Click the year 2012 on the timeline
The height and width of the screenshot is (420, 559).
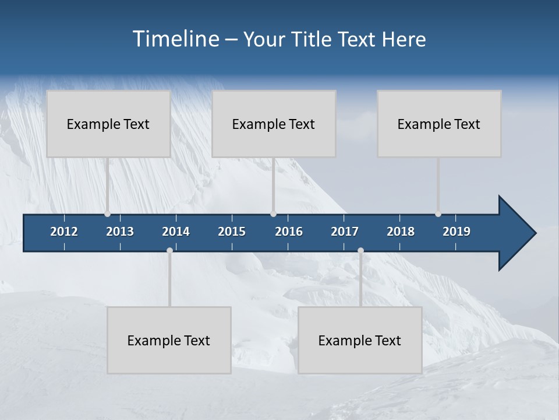[64, 232]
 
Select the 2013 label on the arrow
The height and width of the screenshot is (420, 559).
[120, 232]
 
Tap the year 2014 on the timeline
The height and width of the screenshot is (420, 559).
[176, 232]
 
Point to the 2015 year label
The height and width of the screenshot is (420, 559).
[232, 232]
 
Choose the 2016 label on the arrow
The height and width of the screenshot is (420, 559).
[289, 232]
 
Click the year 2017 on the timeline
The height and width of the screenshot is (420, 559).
[345, 232]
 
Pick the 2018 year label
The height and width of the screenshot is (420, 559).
[401, 232]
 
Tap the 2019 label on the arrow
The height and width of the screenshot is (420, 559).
[457, 232]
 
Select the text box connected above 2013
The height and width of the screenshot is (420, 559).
[108, 124]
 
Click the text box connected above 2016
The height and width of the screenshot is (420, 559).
[274, 124]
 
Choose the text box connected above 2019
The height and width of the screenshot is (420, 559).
[439, 124]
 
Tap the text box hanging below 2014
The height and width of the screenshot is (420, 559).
[169, 340]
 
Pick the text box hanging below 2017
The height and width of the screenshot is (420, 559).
[360, 340]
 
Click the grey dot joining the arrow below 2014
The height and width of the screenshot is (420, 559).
[169, 251]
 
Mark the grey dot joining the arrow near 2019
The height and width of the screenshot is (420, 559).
[438, 214]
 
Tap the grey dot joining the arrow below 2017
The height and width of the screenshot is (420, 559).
[360, 251]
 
